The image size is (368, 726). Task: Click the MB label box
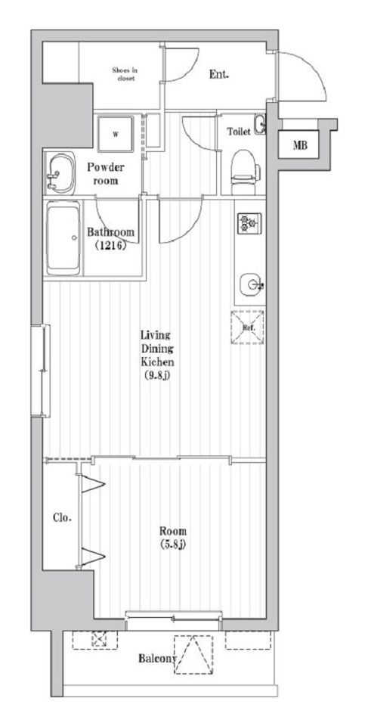tap(299, 145)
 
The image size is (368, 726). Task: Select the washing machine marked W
tap(116, 135)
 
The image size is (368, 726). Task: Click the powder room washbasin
tap(60, 173)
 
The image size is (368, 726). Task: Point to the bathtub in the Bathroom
tap(63, 238)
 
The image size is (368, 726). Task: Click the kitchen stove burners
tap(250, 223)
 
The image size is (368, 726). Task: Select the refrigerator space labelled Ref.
tap(248, 327)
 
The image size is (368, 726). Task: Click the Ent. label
tap(219, 74)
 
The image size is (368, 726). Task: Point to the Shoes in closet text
tap(125, 75)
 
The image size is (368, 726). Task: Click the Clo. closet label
tap(62, 518)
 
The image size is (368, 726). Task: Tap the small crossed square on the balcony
tap(98, 640)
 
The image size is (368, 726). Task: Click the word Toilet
tap(239, 132)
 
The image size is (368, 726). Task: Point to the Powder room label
tap(106, 173)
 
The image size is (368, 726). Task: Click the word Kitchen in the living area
tap(157, 361)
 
